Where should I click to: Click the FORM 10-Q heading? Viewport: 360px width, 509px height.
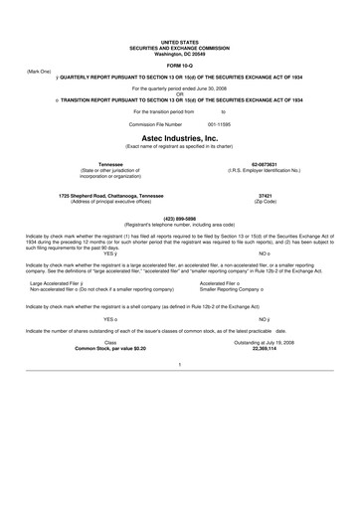coord(180,65)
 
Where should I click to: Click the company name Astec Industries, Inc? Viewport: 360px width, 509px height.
coord(180,137)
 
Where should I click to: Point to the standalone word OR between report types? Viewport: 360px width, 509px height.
coord(180,94)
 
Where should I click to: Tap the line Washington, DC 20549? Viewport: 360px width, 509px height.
coord(180,52)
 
